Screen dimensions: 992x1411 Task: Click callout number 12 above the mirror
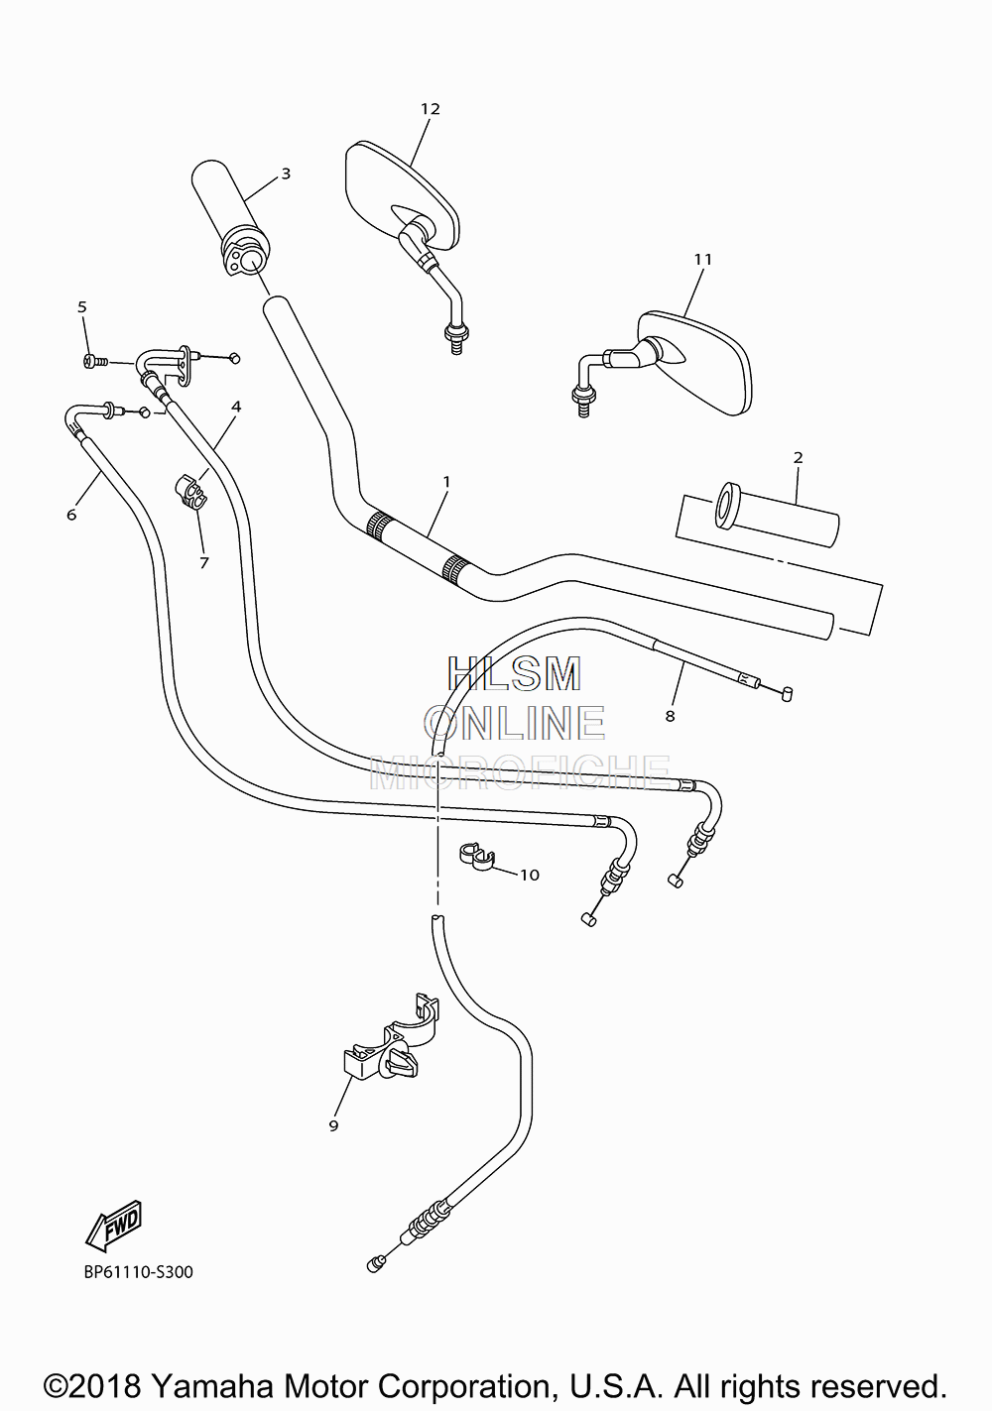coord(431,109)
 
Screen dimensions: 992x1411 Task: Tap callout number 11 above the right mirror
coord(702,260)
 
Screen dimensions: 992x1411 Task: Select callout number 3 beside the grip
coord(286,174)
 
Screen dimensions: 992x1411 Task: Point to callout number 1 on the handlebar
coord(446,482)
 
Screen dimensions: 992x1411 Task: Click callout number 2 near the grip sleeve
coord(798,458)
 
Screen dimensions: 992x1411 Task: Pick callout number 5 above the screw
coord(82,307)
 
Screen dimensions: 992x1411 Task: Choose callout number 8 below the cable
coord(670,716)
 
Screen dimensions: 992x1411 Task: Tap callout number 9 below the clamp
coord(334,1125)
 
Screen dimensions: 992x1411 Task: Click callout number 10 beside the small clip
coord(530,875)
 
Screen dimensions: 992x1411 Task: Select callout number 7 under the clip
coord(203,563)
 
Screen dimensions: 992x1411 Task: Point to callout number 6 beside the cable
coord(71,516)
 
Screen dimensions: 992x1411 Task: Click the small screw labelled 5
coord(94,362)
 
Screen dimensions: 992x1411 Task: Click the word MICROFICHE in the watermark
coord(520,772)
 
